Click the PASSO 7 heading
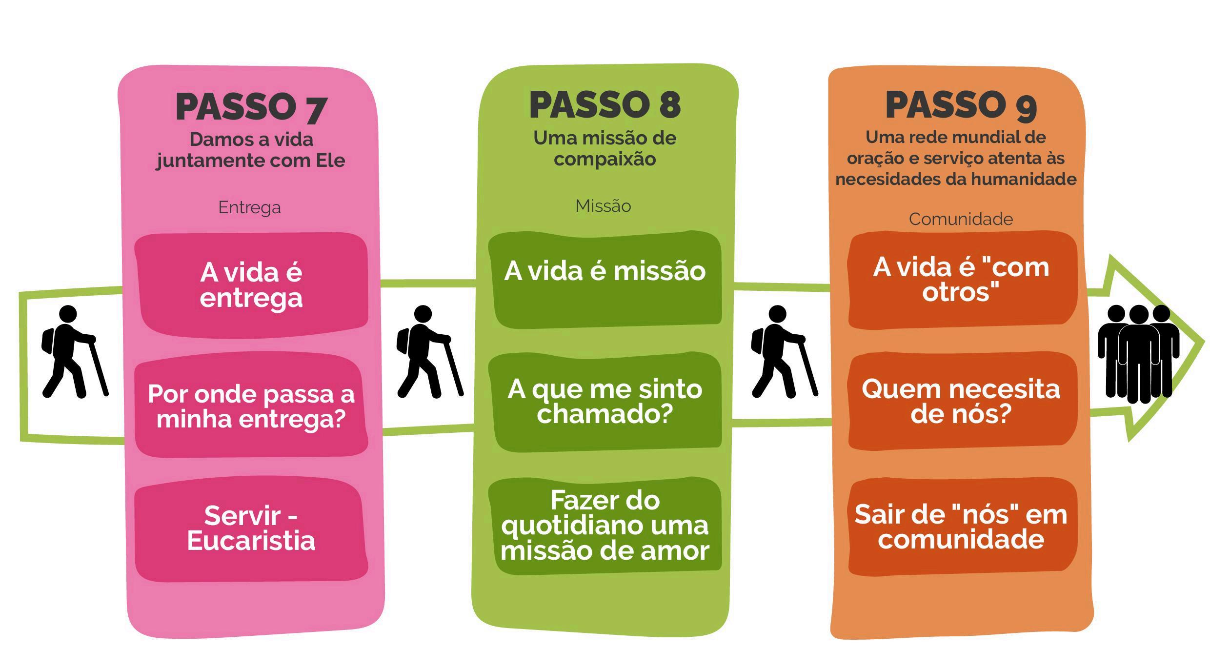[x=251, y=106]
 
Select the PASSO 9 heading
[x=960, y=105]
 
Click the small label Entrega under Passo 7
[x=249, y=207]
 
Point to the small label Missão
[x=603, y=206]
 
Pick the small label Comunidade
[x=960, y=219]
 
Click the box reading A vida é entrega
[x=251, y=285]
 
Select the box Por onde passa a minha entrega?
[x=251, y=406]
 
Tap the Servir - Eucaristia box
[x=251, y=528]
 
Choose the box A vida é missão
[x=605, y=278]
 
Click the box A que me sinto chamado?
[x=605, y=401]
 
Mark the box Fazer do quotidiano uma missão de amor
[x=605, y=526]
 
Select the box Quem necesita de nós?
[x=961, y=401]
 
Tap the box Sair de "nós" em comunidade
[x=961, y=527]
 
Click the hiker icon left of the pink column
[x=73, y=351]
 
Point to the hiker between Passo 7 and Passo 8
[x=428, y=351]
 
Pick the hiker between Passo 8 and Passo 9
[x=783, y=351]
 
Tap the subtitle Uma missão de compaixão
[x=605, y=148]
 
